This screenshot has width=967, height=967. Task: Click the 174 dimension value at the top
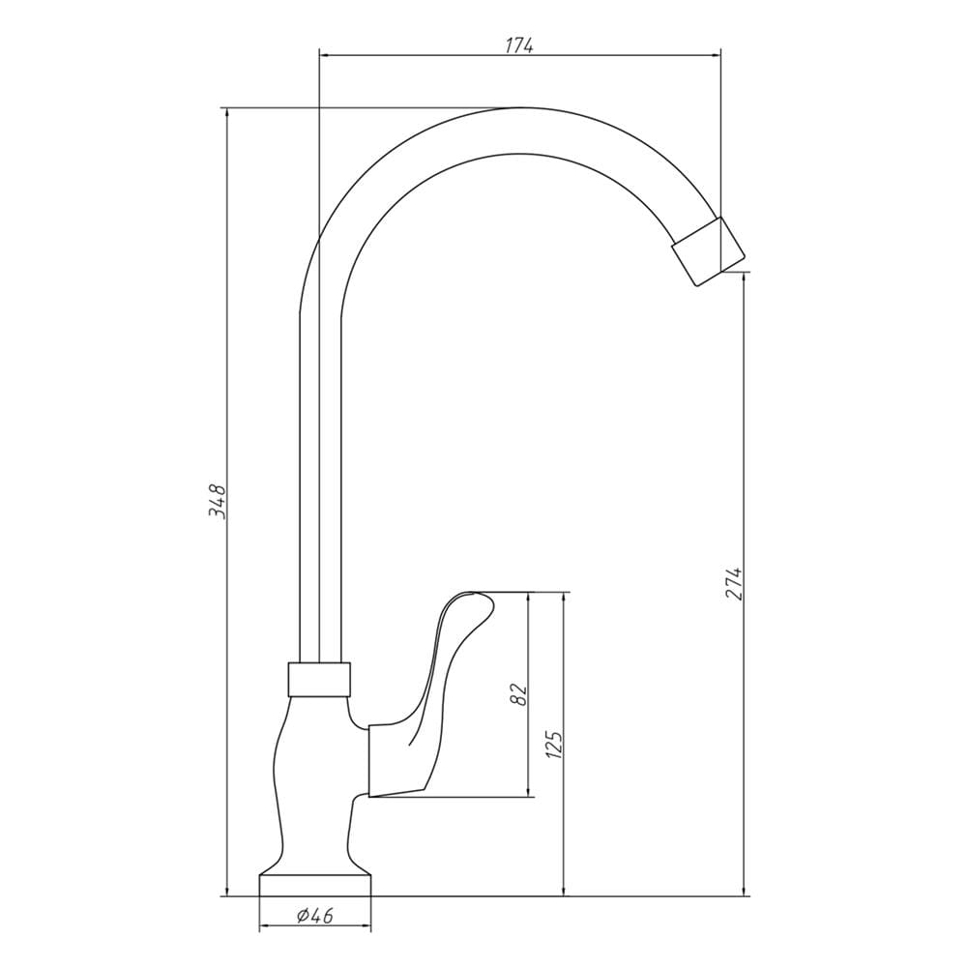(519, 45)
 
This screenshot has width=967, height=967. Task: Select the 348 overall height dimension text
(217, 501)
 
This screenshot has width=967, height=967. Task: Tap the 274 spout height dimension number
(733, 581)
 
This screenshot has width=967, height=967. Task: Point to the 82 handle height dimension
(518, 693)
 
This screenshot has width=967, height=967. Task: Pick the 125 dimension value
(553, 745)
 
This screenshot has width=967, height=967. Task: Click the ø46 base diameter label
(314, 916)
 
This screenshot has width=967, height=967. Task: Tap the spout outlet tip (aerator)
(708, 251)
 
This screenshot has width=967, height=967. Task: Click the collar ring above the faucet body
(319, 680)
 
